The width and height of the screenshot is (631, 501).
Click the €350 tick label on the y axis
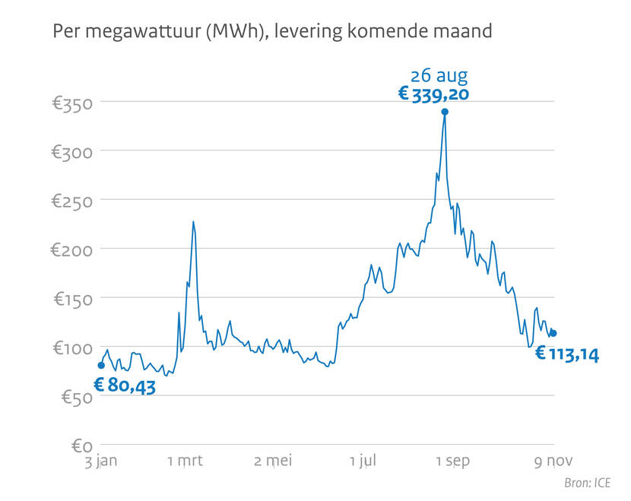coord(72,103)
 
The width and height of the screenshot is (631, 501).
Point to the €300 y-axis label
coord(72,151)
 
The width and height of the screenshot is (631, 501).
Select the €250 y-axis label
coord(72,201)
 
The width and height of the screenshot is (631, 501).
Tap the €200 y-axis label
coord(72,249)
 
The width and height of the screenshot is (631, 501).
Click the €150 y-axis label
coord(72,299)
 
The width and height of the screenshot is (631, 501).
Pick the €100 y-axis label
coord(72,347)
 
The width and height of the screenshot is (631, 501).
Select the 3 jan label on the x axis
coord(101,461)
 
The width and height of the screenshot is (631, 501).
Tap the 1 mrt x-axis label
coord(185,461)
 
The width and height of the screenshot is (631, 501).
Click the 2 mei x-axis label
coord(274,461)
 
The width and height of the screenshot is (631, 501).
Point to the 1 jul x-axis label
coord(363,461)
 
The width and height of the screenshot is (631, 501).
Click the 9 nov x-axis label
coord(547,461)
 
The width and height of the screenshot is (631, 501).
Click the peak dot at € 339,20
coord(445,112)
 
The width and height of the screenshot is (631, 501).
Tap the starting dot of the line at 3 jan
coord(101,366)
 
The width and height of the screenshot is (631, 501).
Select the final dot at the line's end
coord(553,333)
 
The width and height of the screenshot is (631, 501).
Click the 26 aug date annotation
coord(439,75)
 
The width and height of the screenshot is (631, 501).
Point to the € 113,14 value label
coord(567,354)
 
